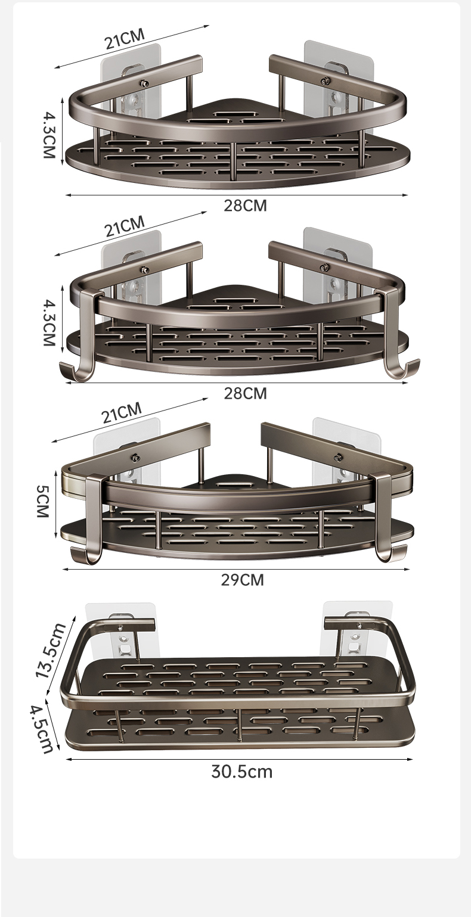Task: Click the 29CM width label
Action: pyautogui.click(x=243, y=580)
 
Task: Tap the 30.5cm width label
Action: pyautogui.click(x=241, y=772)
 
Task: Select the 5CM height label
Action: pyautogui.click(x=42, y=502)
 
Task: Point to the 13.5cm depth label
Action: pyautogui.click(x=51, y=651)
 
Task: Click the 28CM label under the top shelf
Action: pyautogui.click(x=245, y=206)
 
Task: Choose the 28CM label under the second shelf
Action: pyautogui.click(x=245, y=393)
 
